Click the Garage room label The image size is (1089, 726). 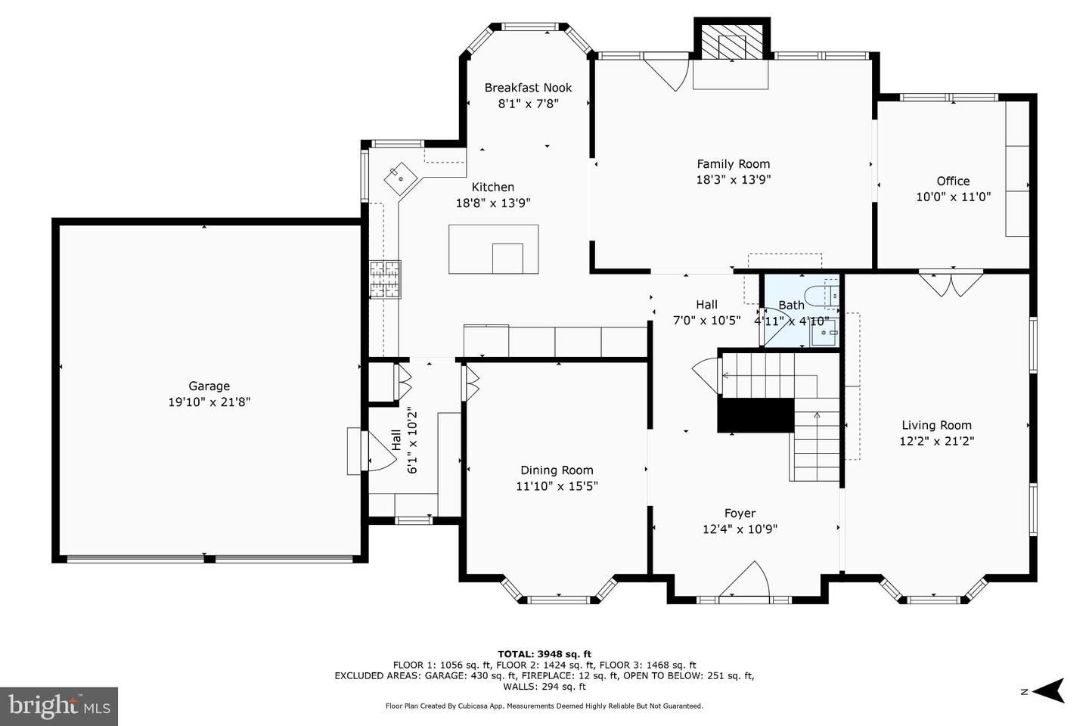[x=209, y=386]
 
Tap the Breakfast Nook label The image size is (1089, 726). [x=528, y=88]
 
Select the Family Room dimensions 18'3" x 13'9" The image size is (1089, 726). [x=733, y=180]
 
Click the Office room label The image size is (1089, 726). [x=953, y=181]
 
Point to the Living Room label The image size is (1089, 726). [x=936, y=426]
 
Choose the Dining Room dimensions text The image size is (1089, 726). [x=557, y=486]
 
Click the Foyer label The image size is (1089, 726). [x=740, y=513]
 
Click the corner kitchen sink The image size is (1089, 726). [x=401, y=178]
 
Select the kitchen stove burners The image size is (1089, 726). [x=385, y=279]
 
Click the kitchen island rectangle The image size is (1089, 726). [x=493, y=249]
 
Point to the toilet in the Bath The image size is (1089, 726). [x=821, y=296]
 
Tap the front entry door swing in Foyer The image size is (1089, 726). [x=744, y=579]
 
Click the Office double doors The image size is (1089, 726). [x=951, y=285]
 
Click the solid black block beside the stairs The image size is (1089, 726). [x=756, y=414]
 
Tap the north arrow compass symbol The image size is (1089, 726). [x=1049, y=690]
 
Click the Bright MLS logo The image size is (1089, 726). [x=59, y=706]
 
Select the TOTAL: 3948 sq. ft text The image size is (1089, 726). [x=544, y=654]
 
